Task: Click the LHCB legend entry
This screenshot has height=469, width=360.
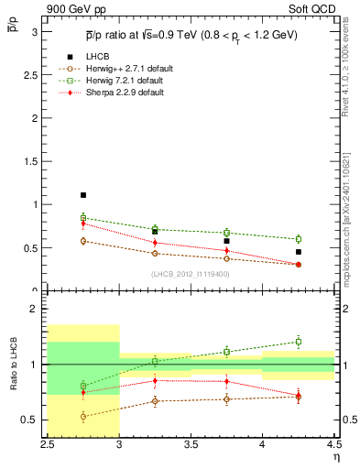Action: [99, 57]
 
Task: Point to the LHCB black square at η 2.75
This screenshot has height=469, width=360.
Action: [83, 195]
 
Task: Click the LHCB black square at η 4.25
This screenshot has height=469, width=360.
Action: [298, 252]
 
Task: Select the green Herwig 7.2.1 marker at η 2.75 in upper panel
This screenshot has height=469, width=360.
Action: [83, 218]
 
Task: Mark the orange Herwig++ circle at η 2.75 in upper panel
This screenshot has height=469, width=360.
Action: [83, 241]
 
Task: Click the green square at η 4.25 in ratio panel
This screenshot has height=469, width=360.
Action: [298, 342]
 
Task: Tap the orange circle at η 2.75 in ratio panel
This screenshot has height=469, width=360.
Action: [83, 417]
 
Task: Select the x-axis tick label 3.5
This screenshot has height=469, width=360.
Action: [191, 446]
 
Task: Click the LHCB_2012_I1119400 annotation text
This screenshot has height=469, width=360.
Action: [191, 274]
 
